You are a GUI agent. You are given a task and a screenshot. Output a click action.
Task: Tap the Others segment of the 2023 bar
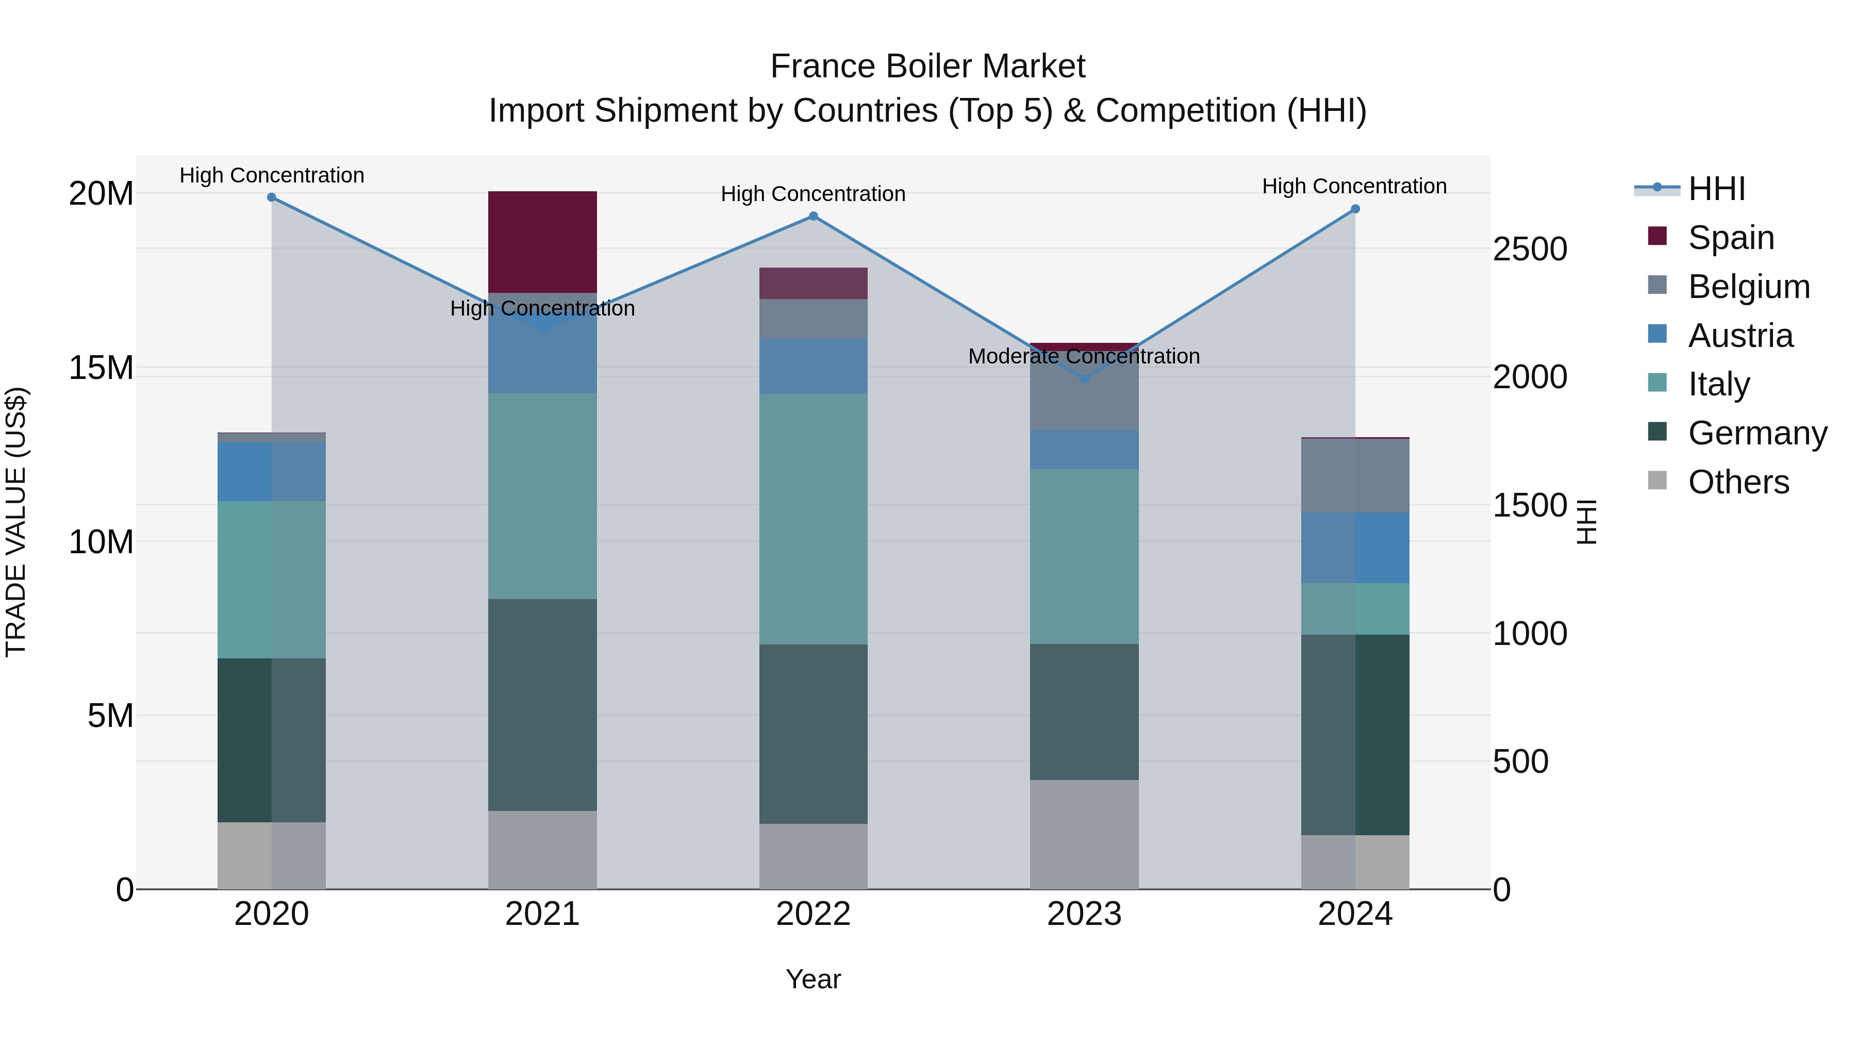tap(1084, 834)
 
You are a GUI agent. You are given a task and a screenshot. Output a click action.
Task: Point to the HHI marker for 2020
tap(272, 197)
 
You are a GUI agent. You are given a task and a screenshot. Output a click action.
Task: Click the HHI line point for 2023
tap(1084, 379)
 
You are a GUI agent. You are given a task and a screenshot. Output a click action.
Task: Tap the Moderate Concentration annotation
tap(1084, 356)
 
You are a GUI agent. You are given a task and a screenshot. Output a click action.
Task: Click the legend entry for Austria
tap(1740, 336)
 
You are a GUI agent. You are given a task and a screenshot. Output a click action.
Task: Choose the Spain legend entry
tap(1731, 238)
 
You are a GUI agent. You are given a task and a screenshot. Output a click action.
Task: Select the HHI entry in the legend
tap(1716, 189)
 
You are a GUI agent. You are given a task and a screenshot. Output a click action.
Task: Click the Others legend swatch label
tap(1738, 482)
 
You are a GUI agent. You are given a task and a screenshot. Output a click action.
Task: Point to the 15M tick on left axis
tap(101, 368)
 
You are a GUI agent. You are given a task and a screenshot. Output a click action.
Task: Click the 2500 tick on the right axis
tap(1529, 250)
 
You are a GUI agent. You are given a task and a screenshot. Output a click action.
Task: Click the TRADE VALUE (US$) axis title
tap(16, 522)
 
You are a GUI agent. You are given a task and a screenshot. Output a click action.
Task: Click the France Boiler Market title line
tap(927, 67)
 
